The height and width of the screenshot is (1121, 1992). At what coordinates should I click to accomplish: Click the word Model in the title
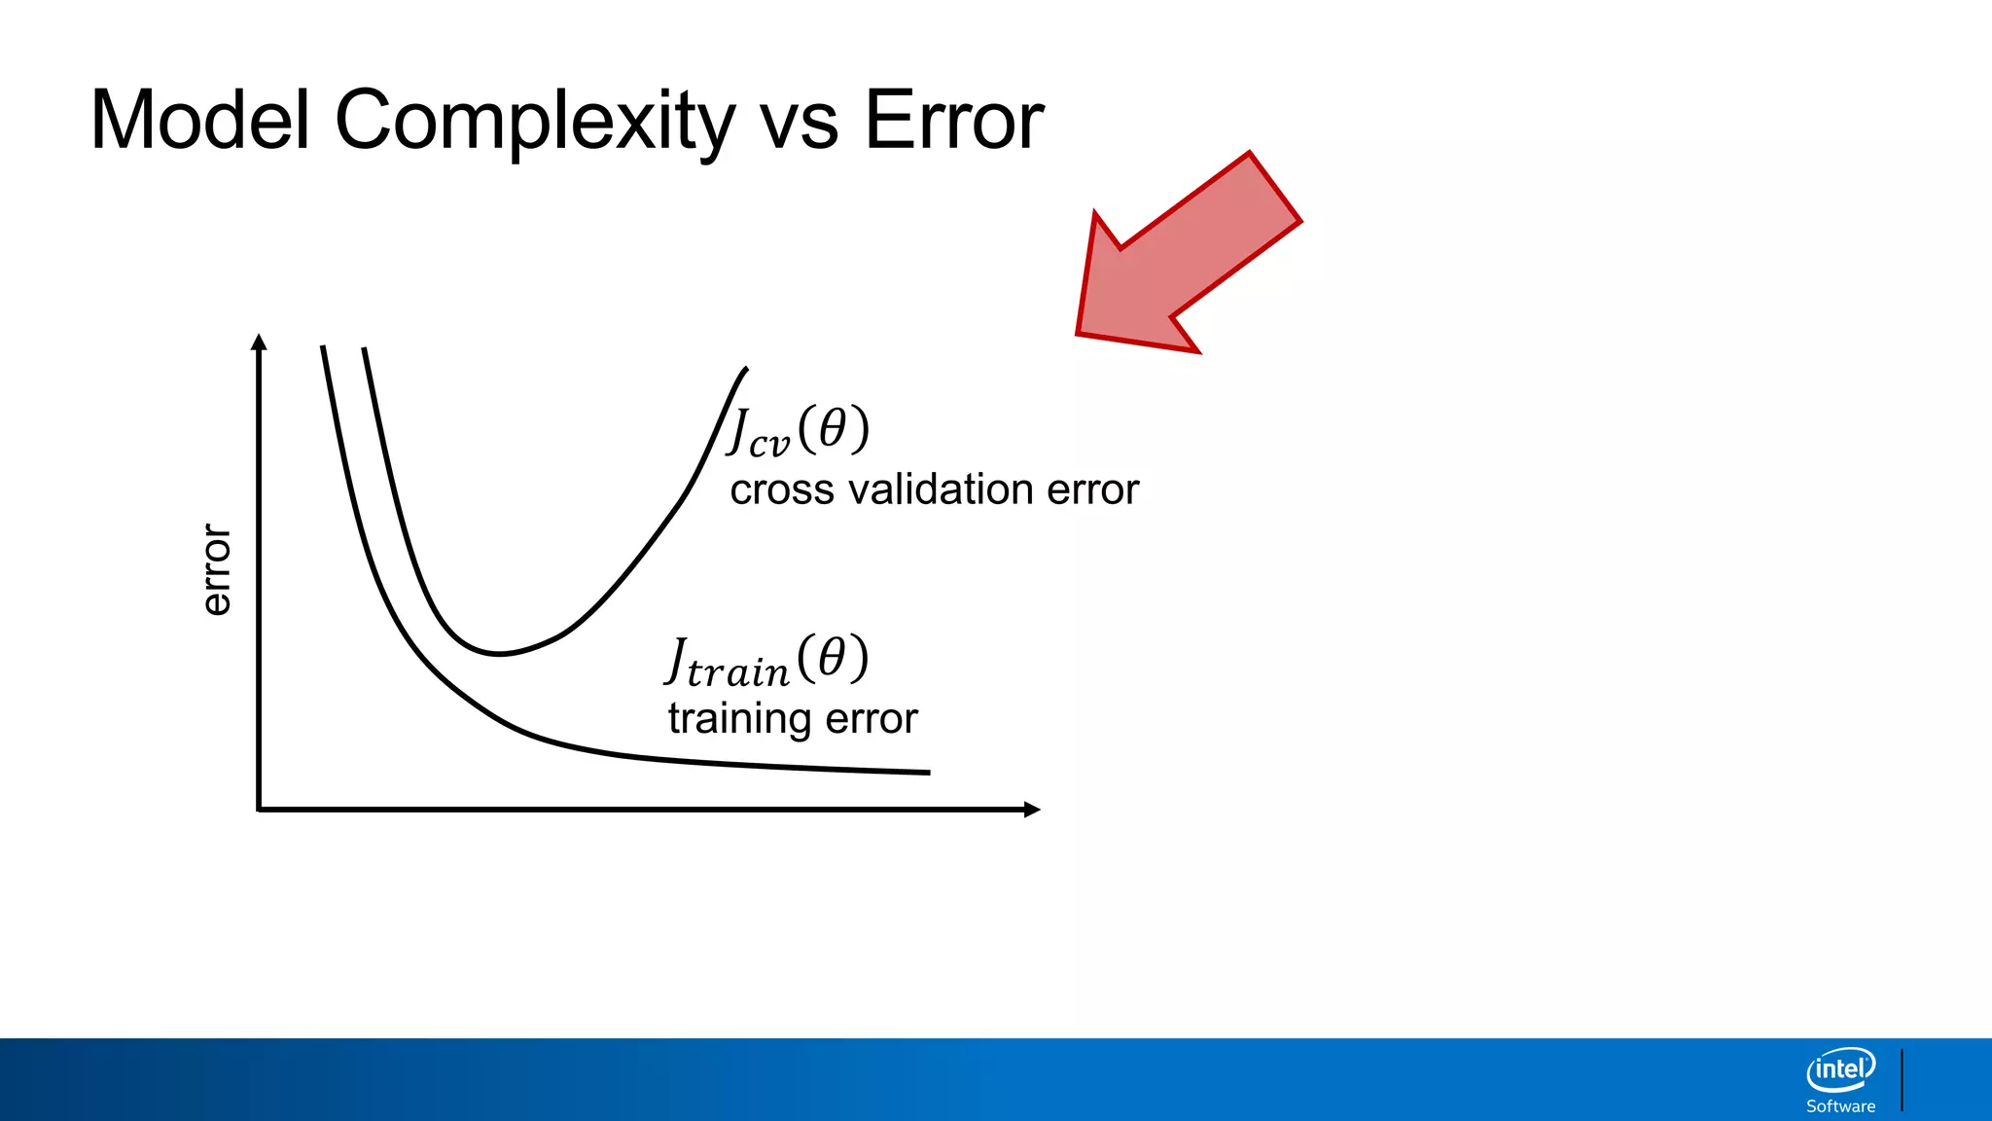[x=199, y=121]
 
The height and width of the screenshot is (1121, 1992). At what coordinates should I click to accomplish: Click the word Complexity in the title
[x=533, y=121]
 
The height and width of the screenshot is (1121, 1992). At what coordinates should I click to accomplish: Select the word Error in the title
[x=953, y=121]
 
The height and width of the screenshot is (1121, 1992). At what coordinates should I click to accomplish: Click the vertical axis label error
[x=216, y=569]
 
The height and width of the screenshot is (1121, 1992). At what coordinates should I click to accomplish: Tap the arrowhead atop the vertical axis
[x=259, y=341]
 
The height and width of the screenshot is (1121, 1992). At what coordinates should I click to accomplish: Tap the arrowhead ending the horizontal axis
[x=1033, y=809]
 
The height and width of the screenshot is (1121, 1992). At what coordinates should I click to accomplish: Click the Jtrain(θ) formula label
[x=767, y=661]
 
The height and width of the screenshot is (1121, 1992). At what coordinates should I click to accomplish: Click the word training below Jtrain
[x=740, y=719]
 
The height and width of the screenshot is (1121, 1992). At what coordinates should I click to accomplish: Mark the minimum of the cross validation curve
[x=498, y=654]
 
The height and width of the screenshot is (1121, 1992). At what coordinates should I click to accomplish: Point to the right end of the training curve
[x=928, y=773]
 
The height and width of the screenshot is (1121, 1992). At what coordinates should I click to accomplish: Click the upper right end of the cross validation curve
[x=745, y=370]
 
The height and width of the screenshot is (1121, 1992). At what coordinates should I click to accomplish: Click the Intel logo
[x=1840, y=1070]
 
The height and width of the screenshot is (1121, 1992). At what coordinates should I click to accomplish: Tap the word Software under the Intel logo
[x=1840, y=1106]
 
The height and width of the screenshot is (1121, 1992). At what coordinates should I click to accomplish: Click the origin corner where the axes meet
[x=259, y=809]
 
